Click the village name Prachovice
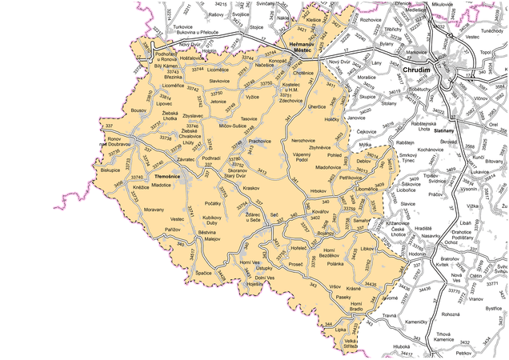(261, 141)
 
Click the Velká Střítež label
(351, 344)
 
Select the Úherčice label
(316, 106)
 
